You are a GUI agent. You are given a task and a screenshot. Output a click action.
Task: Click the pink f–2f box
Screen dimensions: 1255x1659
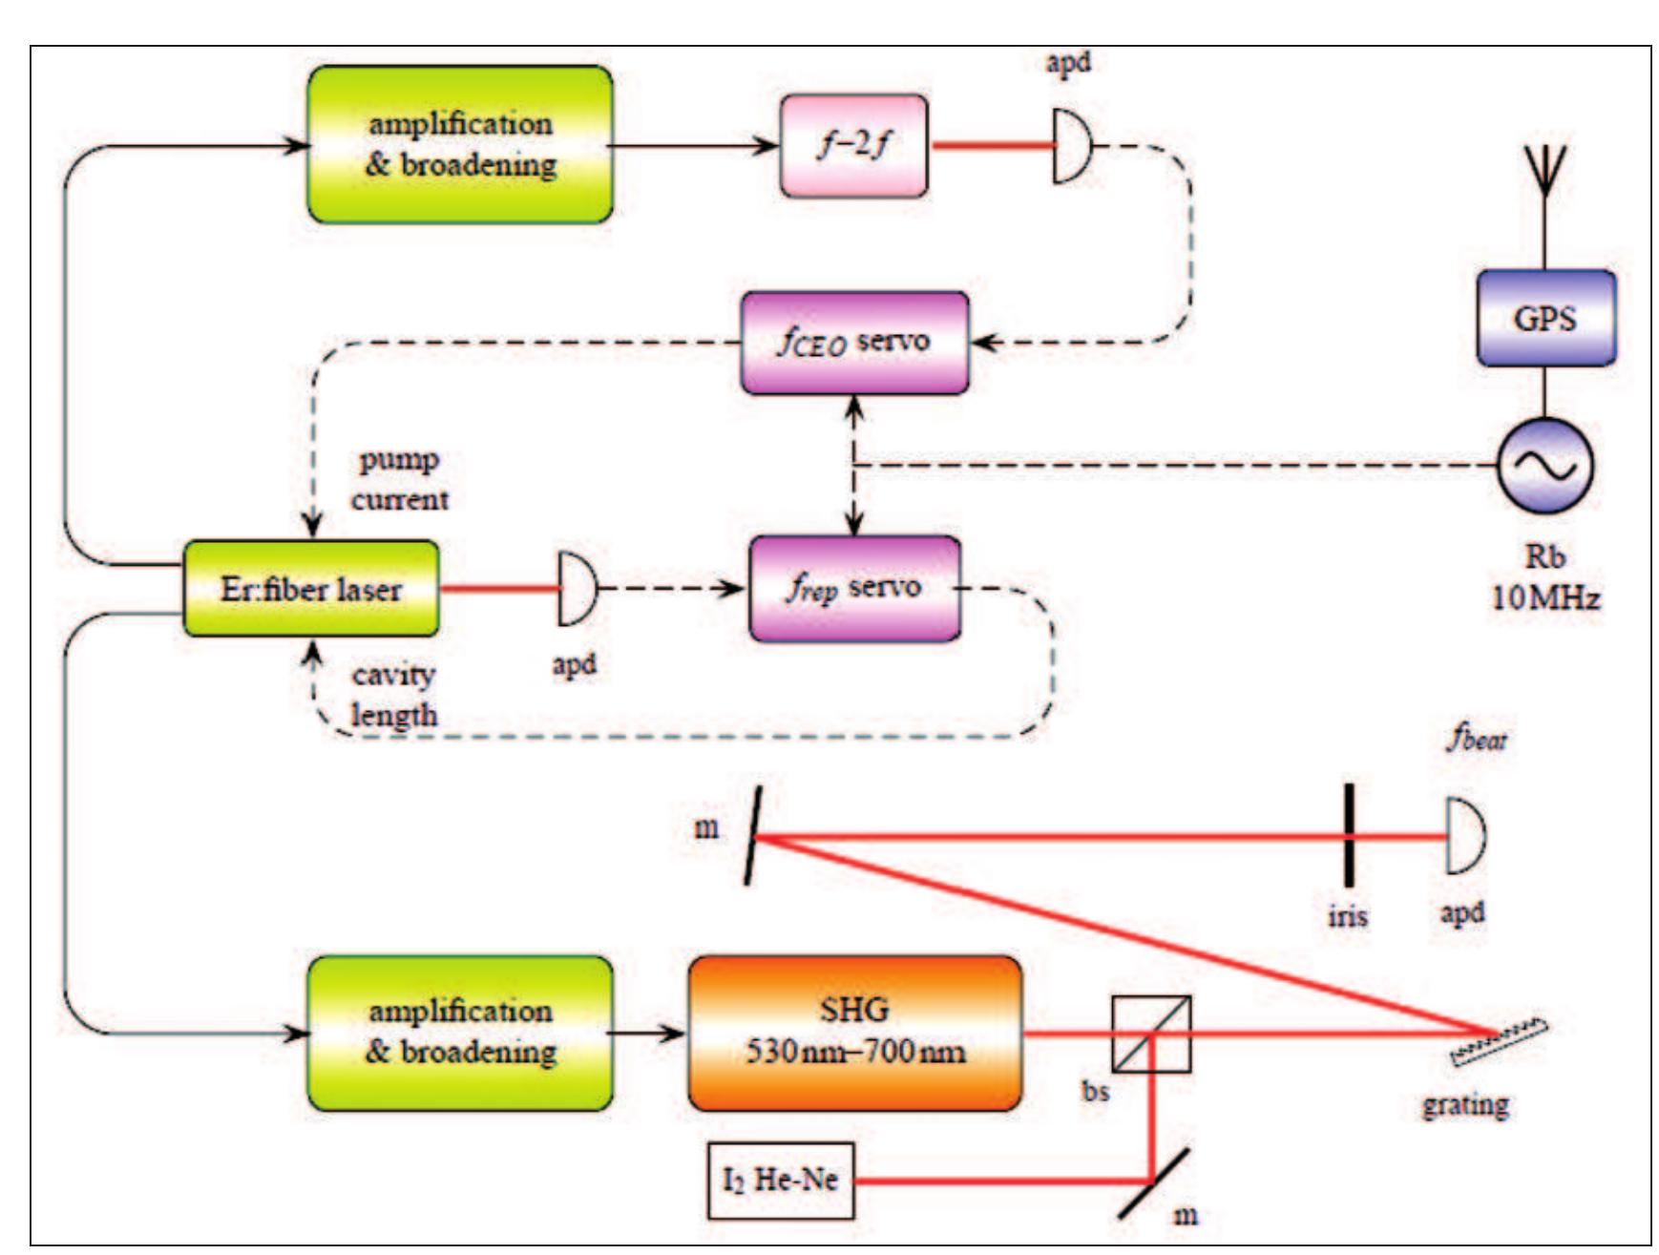point(852,146)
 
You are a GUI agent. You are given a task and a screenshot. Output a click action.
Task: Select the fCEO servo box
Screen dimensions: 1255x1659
point(854,343)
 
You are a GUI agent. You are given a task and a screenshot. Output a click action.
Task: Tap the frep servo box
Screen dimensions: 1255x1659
point(854,588)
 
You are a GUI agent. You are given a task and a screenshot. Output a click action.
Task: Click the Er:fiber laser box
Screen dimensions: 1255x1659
point(311,588)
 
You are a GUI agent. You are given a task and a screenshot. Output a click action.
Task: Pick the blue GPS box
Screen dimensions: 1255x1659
point(1545,318)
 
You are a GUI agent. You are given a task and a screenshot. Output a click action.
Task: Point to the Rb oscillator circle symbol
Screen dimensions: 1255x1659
point(1544,466)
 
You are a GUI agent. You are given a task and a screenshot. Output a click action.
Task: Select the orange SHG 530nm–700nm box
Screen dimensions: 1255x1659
point(854,1033)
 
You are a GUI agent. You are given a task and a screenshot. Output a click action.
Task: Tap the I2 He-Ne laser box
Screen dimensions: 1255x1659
point(780,1181)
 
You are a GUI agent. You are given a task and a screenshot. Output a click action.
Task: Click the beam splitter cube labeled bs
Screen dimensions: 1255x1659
point(1151,1034)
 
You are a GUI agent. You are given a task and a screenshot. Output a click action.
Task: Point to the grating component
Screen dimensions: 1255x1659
point(1498,1042)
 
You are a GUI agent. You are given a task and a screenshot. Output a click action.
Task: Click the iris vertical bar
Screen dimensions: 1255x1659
point(1349,836)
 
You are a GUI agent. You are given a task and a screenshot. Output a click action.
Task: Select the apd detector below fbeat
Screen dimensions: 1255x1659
point(1463,837)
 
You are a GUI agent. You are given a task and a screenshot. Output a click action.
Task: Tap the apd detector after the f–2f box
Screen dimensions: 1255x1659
point(1071,146)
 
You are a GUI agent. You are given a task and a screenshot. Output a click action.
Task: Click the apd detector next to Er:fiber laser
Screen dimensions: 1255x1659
point(576,588)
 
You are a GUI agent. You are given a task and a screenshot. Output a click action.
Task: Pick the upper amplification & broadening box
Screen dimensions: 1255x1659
point(460,144)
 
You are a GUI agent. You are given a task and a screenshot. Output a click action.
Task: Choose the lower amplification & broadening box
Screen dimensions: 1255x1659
point(460,1033)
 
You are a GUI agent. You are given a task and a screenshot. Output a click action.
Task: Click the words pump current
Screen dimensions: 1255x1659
point(399,479)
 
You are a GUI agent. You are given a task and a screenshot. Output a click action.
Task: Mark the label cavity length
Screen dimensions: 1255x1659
point(394,695)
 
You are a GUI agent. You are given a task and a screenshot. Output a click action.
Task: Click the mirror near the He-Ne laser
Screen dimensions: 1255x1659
point(1153,1182)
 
